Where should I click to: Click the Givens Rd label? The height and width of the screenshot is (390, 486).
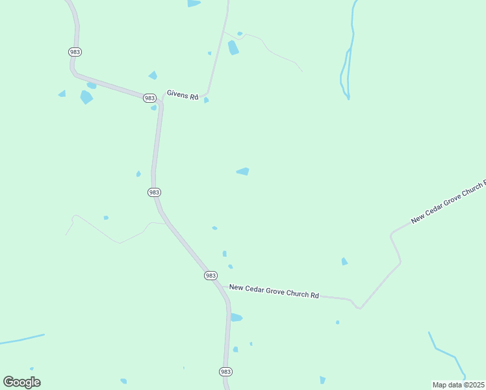point(182,94)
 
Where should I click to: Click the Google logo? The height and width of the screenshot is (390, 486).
point(21,382)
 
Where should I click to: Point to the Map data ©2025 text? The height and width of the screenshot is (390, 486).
point(459,385)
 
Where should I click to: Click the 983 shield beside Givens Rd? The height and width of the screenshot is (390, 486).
point(150,98)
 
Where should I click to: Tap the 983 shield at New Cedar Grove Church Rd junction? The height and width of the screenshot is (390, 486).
point(211,276)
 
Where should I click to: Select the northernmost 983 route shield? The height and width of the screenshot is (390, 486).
point(75,51)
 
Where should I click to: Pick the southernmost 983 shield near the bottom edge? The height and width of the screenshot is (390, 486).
point(225,371)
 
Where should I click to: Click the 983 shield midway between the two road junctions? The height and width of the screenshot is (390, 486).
point(154,192)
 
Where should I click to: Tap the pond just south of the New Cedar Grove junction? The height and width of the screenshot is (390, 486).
point(236,318)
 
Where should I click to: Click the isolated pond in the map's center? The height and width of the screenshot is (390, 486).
point(243,172)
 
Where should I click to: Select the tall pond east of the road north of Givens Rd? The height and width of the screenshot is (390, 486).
point(233,47)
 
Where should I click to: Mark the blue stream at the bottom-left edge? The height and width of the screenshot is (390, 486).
point(23,339)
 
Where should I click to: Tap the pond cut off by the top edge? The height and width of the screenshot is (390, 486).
point(194,3)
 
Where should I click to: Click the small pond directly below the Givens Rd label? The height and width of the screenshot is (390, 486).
point(206,100)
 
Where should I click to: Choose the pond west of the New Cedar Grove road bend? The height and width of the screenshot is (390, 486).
point(344,261)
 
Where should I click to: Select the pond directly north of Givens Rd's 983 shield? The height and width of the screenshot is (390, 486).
point(153,75)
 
